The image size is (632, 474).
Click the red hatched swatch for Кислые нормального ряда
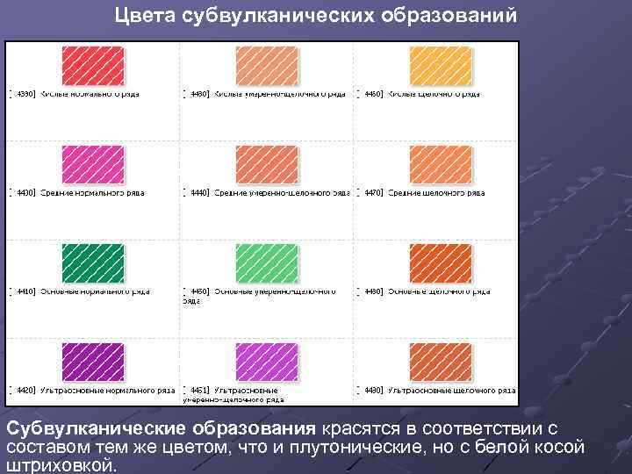tap(92, 65)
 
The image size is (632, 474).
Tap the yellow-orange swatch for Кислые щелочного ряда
tap(441, 65)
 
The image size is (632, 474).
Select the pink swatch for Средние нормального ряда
tap(92, 164)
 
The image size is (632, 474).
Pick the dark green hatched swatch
tap(92, 262)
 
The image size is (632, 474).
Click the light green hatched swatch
tap(267, 262)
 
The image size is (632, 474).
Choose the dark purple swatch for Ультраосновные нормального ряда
tap(92, 362)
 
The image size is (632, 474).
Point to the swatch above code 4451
tap(267, 362)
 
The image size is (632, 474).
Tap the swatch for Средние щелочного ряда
tap(441, 164)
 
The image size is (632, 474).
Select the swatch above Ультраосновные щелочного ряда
tap(441, 362)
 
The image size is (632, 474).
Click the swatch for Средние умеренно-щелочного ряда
tap(267, 164)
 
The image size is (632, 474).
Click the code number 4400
tap(25, 192)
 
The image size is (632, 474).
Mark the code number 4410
tap(25, 291)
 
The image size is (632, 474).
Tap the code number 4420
tap(25, 390)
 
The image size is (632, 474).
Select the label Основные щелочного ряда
tap(435, 291)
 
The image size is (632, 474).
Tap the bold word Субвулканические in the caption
tap(86, 428)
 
